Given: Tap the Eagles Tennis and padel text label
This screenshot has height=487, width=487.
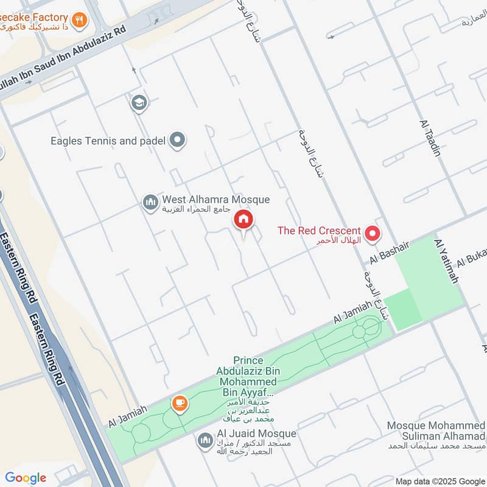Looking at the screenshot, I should point(108,141).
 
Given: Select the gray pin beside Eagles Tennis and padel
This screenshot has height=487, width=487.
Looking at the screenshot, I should point(178,141).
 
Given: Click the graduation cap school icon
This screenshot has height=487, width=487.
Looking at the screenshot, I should point(139,103).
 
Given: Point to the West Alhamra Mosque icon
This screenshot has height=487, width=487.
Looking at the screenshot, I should point(150,203).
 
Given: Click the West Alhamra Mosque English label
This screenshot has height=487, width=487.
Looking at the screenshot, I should point(215,200).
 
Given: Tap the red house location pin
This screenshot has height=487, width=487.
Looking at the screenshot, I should point(243,220).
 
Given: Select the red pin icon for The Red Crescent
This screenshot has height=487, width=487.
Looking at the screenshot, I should point(372,233).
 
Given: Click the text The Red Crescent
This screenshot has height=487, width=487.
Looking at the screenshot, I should point(319,231).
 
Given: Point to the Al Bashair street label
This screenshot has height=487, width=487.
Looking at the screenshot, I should point(390,251).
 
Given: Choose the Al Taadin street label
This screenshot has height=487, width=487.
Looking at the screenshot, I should point(430,139).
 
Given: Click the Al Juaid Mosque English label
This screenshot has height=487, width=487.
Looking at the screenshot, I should point(256,434).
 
